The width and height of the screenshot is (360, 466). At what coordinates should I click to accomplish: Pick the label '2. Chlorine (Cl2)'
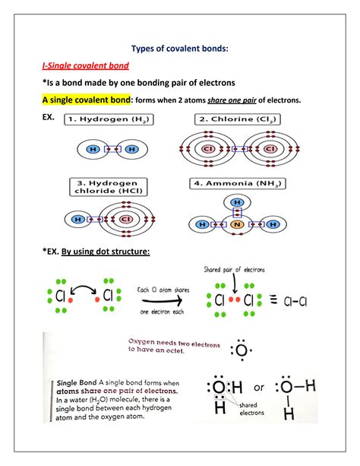click(235, 119)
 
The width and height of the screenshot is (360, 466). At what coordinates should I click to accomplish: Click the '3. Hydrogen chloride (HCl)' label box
click(109, 188)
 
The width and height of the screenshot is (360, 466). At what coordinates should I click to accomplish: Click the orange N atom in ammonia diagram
click(237, 225)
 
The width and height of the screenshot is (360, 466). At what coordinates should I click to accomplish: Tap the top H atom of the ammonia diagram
click(237, 203)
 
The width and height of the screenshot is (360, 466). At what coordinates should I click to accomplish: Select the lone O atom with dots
click(241, 351)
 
